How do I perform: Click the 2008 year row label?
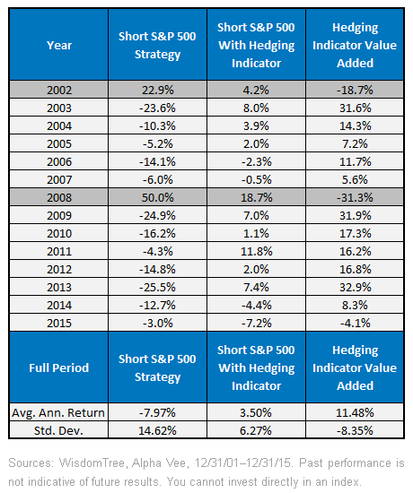59,197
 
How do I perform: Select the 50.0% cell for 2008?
157,197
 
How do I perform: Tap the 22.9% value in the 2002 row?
157,90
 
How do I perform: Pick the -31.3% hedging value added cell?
355,197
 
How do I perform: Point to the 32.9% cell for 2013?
355,287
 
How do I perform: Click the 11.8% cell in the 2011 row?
257,251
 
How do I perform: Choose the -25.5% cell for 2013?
157,287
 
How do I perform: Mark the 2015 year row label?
59,323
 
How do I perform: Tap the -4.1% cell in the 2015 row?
355,323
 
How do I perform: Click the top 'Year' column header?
59,46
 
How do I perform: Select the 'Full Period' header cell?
59,368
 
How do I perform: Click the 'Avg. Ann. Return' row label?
58,412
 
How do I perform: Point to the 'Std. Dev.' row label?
58,430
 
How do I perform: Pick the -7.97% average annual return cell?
157,412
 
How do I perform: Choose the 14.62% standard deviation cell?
157,430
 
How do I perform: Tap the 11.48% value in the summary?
355,412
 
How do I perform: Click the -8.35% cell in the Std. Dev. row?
355,430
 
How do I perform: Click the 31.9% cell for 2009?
355,215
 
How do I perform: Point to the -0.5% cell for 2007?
257,179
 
